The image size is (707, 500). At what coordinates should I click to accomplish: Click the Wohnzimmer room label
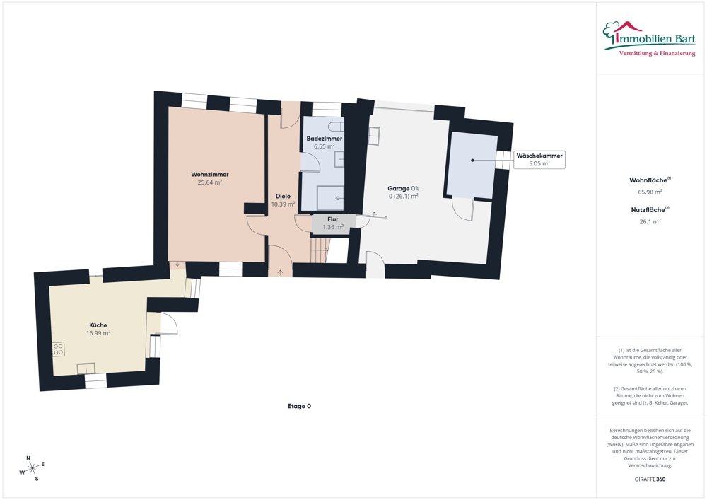click(x=209, y=174)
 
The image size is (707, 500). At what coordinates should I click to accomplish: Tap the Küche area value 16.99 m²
click(x=99, y=332)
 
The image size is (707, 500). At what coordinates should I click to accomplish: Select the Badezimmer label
click(x=324, y=139)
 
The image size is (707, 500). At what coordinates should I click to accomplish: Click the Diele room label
click(x=283, y=196)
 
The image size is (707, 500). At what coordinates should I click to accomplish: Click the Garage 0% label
click(x=403, y=188)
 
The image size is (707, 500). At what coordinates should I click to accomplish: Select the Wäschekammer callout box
click(x=539, y=159)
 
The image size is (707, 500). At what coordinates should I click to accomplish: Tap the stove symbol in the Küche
click(x=58, y=349)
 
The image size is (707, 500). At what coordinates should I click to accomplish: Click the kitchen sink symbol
click(x=86, y=368)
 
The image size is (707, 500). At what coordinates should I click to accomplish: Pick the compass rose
click(x=32, y=467)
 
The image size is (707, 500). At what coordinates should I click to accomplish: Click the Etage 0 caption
click(x=299, y=406)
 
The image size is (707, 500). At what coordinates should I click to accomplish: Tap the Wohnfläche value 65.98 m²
click(x=650, y=192)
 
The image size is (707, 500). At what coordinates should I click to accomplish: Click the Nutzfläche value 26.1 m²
click(x=650, y=221)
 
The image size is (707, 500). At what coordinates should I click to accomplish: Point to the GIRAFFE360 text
click(x=650, y=479)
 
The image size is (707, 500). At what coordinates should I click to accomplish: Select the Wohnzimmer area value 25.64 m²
click(x=209, y=182)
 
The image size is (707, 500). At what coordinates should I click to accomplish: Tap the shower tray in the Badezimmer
click(x=330, y=198)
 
